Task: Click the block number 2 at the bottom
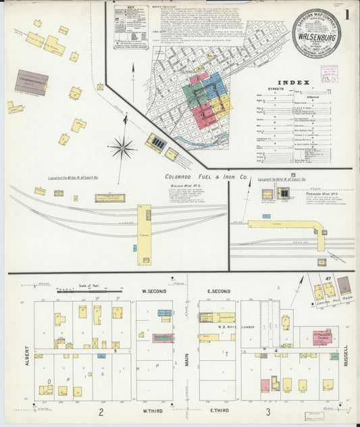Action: point(101,411)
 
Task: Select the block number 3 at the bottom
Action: point(268,411)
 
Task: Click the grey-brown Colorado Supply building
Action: point(32,82)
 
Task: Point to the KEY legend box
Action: point(132,27)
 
